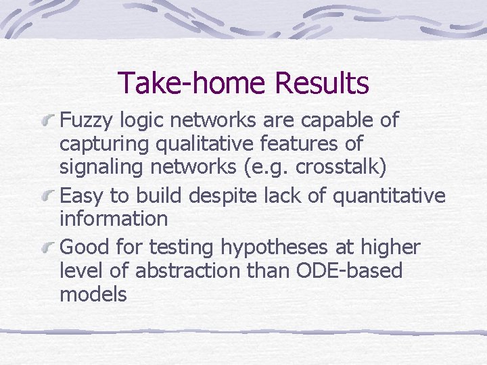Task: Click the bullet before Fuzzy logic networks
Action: point(48,122)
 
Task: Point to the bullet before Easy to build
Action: point(48,197)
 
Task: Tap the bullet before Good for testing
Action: point(48,248)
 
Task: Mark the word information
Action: point(114,218)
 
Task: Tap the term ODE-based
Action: point(345,271)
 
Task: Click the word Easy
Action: point(83,196)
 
